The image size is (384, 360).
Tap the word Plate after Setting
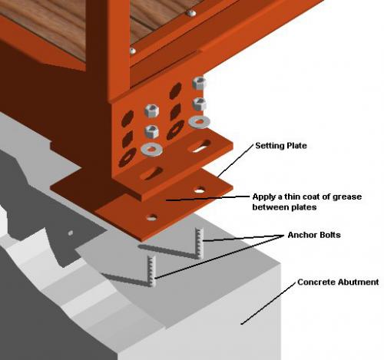tap(296, 146)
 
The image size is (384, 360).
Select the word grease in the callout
tap(347, 197)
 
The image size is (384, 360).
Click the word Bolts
tap(329, 235)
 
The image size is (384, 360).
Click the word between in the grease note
tap(269, 206)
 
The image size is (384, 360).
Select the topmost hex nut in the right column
tap(199, 83)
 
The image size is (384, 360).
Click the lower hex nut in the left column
tap(152, 131)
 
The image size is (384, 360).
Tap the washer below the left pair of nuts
tap(151, 149)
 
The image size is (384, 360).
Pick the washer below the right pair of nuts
tap(200, 122)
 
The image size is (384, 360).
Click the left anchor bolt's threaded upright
tap(151, 271)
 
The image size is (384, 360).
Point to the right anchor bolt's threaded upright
tap(200, 243)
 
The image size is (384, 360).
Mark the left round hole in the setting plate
tap(152, 217)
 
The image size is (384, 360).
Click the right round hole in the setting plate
tap(200, 190)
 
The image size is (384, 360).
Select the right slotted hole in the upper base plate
tap(200, 146)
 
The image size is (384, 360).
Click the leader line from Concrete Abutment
tap(268, 303)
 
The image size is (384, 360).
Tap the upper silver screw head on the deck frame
tap(191, 13)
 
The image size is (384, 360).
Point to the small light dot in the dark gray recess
tap(70, 233)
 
